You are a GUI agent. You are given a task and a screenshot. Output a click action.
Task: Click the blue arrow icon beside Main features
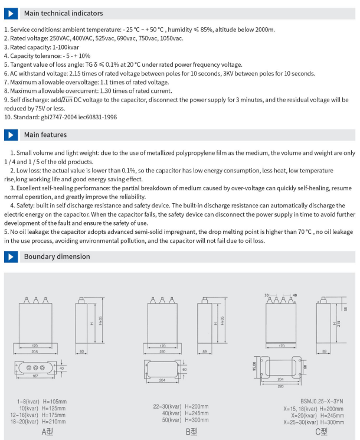tap(11, 135)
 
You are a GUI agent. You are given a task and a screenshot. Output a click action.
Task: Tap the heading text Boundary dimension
tap(57, 256)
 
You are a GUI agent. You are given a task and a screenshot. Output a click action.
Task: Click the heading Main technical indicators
tap(63, 13)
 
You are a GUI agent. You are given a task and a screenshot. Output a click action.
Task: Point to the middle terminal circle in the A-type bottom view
tap(35, 368)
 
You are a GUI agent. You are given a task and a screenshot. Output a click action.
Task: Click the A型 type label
tap(47, 432)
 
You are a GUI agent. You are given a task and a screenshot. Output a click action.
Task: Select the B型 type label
tap(191, 432)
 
